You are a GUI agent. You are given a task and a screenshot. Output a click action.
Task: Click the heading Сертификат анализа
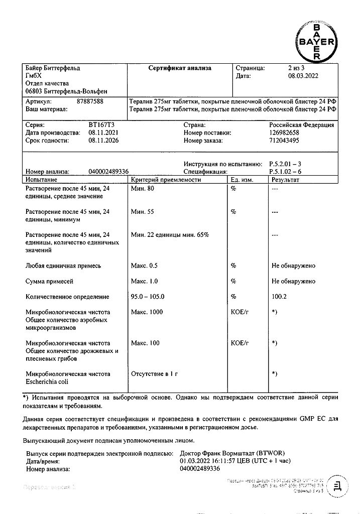pos(180,68)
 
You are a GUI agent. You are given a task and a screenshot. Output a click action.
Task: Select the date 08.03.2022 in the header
pos(303,76)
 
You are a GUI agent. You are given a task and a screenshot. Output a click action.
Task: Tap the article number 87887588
pos(90,101)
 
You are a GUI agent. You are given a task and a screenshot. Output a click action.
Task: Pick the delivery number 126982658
pos(284,133)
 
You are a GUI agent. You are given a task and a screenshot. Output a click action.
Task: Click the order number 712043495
pos(284,141)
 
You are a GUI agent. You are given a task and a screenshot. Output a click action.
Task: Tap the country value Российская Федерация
pos(301,125)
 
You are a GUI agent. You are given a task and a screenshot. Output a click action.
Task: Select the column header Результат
pos(285,179)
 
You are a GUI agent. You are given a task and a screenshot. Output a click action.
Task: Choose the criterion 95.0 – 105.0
pos(148,297)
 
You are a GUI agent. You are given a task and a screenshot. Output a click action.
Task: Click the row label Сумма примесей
pos(53,281)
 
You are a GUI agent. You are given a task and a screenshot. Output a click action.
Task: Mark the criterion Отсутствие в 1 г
pos(155,374)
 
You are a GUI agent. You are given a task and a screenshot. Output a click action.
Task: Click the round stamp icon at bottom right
pos(336,487)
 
